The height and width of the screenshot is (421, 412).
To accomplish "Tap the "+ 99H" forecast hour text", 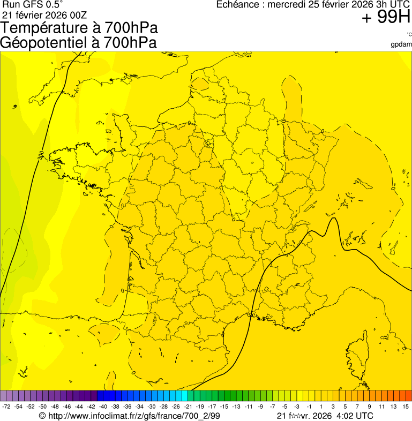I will tap(386, 18).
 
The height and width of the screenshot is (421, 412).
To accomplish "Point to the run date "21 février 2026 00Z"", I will tap(44, 14).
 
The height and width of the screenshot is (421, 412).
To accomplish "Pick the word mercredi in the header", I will tap(289, 5).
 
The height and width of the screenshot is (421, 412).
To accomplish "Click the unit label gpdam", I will tap(401, 44).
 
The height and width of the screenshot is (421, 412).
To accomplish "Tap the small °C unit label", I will tap(409, 35).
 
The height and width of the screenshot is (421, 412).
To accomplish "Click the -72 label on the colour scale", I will tap(6, 407).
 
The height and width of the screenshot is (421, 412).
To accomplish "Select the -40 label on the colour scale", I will tap(102, 407).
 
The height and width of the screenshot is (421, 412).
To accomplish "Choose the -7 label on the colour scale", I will tap(272, 407).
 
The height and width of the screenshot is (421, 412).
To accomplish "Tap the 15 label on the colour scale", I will tap(406, 407).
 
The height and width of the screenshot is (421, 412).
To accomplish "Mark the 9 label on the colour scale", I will tap(370, 407).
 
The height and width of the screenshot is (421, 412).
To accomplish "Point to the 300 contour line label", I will tap(41, 155).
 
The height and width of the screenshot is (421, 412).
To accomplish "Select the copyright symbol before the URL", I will tap(42, 416).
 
